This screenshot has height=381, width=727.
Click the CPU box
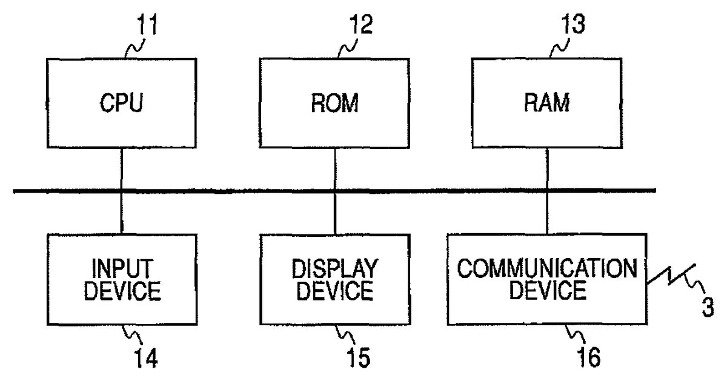pyautogui.click(x=122, y=103)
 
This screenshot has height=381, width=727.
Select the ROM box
pyautogui.click(x=334, y=103)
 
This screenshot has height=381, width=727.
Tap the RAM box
pyautogui.click(x=547, y=103)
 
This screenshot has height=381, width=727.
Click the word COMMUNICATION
pyautogui.click(x=547, y=268)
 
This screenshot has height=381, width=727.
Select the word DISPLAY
pyautogui.click(x=334, y=268)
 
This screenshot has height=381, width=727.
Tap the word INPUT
pyautogui.click(x=122, y=268)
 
